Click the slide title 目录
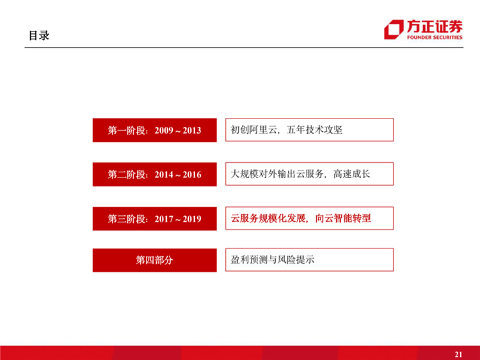[x=38, y=36]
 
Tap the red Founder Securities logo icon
[x=393, y=30]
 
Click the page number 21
[x=458, y=354]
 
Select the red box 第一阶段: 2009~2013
[x=154, y=131]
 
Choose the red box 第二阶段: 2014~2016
[x=154, y=175]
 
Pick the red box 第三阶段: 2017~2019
[x=154, y=219]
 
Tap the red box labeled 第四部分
[x=154, y=260]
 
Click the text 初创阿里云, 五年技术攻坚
[x=287, y=130]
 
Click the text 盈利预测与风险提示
[x=273, y=260]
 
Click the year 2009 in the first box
[x=163, y=131]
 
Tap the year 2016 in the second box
[x=192, y=175]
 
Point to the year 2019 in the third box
[x=192, y=219]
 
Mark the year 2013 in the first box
[x=192, y=131]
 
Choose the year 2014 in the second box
[x=163, y=175]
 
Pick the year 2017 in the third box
[x=163, y=219]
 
